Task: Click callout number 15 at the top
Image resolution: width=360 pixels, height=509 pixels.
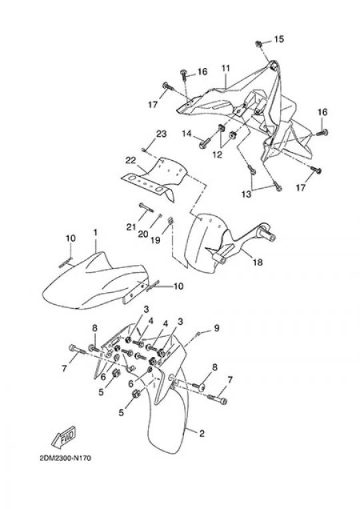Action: pos(279,39)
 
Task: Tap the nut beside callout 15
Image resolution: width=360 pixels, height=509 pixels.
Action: pos(259,43)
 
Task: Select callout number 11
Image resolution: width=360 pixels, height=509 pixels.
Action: pos(226,69)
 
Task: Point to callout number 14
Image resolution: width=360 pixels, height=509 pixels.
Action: pos(187,133)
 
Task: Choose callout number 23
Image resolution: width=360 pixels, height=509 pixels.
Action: pos(161,133)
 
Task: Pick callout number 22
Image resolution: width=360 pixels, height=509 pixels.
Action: pos(131,160)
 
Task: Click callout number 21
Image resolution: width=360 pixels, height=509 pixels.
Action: pos(131,227)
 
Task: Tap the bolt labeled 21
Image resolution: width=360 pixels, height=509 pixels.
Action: pos(146,207)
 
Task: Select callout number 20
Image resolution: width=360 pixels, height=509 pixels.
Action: pos(143,233)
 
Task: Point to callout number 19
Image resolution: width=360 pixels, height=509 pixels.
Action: pos(155,240)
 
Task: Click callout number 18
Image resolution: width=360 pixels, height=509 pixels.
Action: pos(258,262)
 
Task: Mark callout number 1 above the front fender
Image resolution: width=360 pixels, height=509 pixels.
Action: pos(95,232)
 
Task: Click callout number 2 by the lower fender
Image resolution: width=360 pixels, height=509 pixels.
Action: pos(202,433)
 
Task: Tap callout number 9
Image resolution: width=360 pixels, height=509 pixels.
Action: pos(217,328)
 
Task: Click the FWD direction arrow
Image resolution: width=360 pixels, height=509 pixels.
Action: pos(64,436)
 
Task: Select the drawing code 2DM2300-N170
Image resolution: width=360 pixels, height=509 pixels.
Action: pos(65,458)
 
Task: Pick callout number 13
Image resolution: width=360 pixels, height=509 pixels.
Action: pos(247,194)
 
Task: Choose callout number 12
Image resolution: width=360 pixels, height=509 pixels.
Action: pos(217,155)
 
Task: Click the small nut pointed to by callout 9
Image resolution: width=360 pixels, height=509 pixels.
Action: pos(199,334)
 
